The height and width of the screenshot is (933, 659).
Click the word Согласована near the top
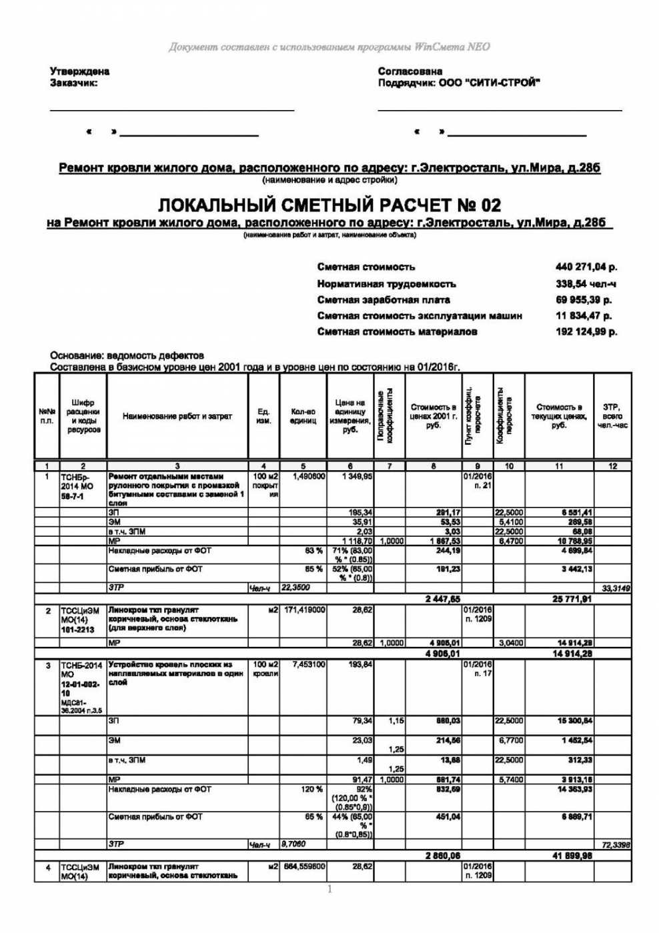[410, 71]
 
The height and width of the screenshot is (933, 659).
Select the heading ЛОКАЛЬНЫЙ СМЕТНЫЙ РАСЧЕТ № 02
[329, 204]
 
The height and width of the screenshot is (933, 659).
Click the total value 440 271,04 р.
[586, 267]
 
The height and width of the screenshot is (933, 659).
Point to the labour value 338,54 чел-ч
[586, 283]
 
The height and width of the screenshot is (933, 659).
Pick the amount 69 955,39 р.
[584, 300]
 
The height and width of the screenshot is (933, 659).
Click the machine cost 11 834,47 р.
[584, 316]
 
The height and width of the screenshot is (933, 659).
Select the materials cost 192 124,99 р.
[586, 332]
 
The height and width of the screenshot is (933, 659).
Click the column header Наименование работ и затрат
[177, 416]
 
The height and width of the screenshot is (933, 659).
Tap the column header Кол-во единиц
[303, 417]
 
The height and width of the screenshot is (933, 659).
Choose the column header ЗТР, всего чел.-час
[612, 416]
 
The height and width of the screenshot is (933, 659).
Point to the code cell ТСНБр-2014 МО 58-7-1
[78, 487]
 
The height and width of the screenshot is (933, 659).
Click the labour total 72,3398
[616, 845]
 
